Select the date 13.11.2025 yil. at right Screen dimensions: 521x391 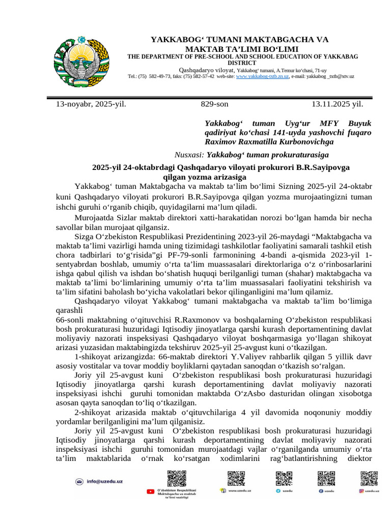337,104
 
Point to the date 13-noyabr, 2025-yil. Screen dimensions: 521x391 91,104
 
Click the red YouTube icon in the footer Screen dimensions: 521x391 150,491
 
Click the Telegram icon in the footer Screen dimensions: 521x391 278,491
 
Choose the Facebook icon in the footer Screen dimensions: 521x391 321,491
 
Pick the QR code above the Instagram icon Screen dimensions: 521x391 369,479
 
